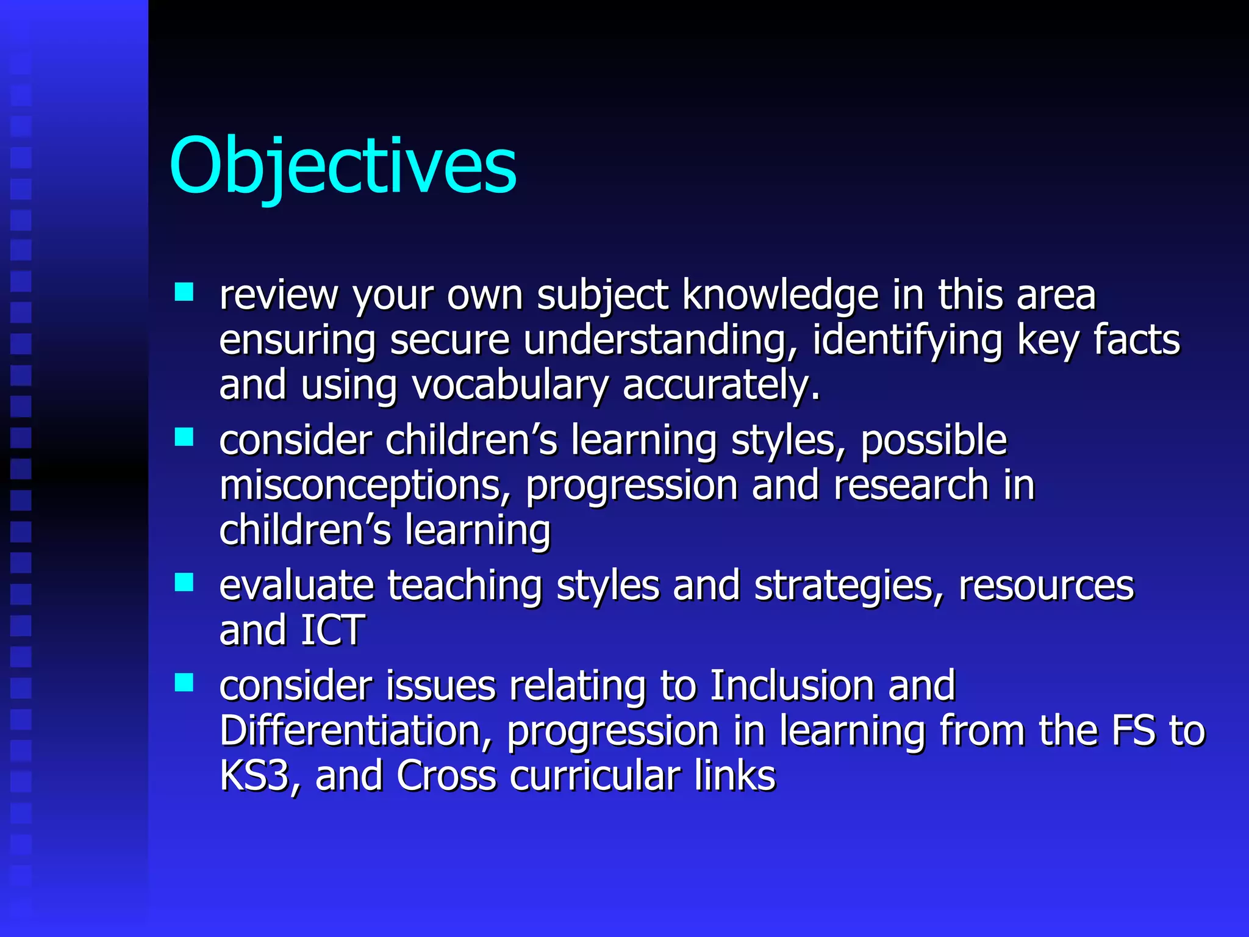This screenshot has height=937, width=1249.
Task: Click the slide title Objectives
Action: (x=343, y=166)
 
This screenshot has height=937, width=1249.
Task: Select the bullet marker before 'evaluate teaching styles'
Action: (x=184, y=582)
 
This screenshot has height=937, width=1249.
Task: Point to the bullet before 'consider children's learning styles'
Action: (x=184, y=437)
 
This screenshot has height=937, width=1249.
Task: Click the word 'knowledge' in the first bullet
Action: (x=780, y=296)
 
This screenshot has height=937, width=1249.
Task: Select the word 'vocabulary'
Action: (x=510, y=386)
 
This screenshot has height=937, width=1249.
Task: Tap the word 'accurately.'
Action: (x=721, y=386)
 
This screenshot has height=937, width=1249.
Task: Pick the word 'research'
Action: (x=911, y=486)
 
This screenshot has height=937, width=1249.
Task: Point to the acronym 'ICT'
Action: (x=333, y=631)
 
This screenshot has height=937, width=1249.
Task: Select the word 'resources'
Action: (x=1045, y=586)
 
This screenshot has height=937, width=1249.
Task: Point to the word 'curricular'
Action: (x=595, y=776)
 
